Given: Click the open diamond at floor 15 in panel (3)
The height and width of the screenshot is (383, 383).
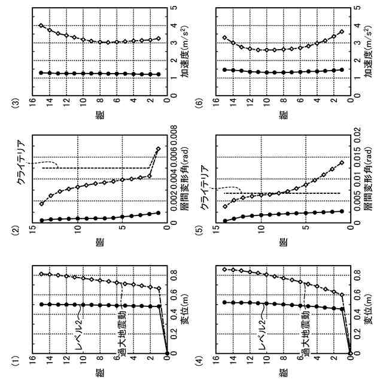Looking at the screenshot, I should [41, 25].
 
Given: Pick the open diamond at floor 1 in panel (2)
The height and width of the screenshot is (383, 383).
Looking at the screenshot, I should [158, 149].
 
